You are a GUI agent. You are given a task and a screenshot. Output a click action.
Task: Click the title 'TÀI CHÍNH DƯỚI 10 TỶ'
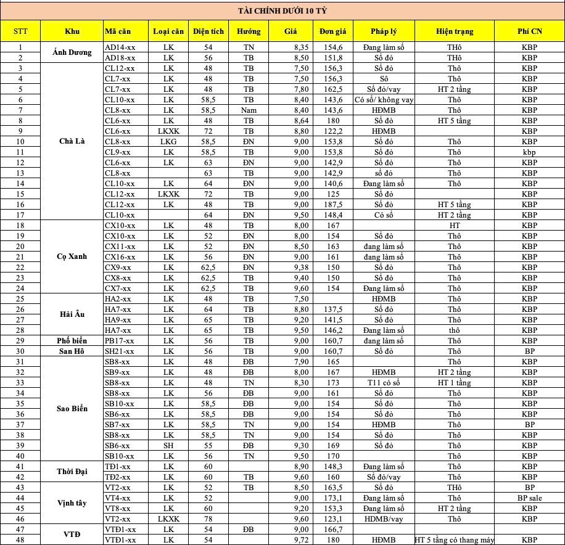282,10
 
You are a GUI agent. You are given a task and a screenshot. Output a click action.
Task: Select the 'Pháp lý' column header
384,31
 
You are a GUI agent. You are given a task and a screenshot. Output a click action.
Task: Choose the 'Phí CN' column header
529,31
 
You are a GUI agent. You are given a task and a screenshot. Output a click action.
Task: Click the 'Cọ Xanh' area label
72,257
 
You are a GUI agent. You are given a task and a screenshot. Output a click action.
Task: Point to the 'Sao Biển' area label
72,409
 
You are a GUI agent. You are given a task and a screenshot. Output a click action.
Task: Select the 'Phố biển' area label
72,341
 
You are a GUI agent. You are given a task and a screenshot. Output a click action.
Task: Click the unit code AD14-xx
120,47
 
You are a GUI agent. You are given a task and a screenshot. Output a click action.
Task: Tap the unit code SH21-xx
120,351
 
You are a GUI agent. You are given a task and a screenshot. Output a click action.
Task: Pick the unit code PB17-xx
120,341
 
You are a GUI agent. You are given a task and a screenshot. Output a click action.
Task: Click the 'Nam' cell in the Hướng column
248,110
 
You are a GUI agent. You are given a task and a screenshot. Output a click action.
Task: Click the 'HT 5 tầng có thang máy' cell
455,540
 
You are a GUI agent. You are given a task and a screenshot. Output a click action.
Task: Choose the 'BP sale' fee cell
529,498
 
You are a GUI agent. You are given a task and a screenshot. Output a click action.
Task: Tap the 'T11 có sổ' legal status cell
384,383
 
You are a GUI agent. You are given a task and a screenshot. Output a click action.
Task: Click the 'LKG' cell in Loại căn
168,142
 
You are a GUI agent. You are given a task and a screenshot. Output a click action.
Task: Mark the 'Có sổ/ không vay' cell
384,100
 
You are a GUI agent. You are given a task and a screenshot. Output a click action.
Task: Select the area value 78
208,519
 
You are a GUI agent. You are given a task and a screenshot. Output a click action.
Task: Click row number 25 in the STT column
20,299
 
